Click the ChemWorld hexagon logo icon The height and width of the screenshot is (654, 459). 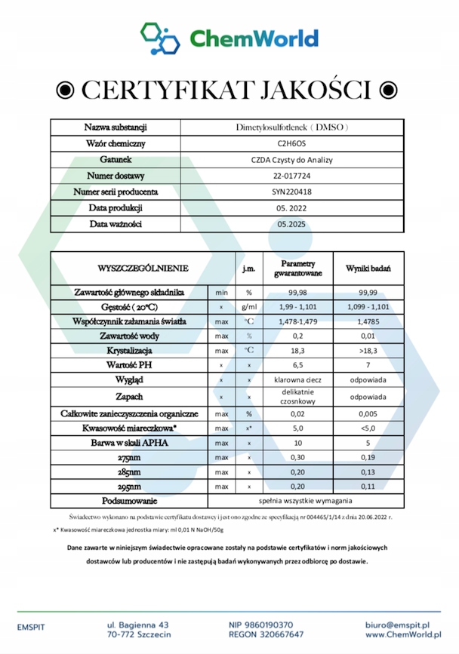coord(160,38)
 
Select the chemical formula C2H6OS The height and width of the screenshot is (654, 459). coord(292,143)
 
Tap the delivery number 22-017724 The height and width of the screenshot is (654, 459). coord(292,176)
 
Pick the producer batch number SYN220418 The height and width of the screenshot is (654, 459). coord(292,192)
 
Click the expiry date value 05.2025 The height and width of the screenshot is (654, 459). coord(292,224)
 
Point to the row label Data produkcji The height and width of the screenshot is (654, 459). coord(116,207)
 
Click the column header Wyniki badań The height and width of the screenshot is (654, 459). coord(368,268)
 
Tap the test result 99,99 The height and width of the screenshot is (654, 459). coord(368,292)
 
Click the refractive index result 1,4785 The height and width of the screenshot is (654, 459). coord(368,321)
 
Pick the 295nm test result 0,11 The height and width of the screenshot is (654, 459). coord(368,487)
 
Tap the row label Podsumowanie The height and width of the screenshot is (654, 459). coord(129,501)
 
